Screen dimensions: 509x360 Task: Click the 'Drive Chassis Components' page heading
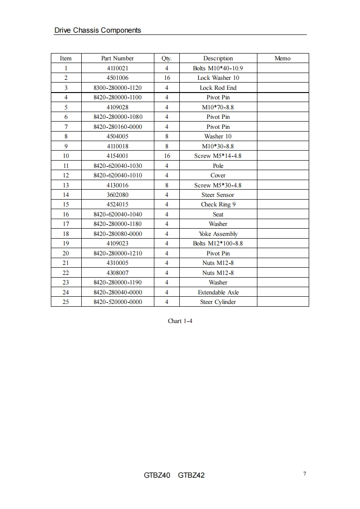pos(98,30)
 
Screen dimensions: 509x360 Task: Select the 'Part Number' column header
pos(118,59)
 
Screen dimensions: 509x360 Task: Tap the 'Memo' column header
pos(282,59)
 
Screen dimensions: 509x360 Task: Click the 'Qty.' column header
pos(167,59)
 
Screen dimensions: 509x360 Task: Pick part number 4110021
pos(118,68)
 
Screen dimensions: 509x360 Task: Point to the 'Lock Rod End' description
pos(218,88)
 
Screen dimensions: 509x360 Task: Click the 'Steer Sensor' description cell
pos(218,195)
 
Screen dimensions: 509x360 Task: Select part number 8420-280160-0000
pos(118,127)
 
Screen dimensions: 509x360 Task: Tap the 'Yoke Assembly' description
pos(218,234)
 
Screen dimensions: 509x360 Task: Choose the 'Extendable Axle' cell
pos(218,292)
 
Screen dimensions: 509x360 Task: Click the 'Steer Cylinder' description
pos(218,302)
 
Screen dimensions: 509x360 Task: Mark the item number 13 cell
pos(66,185)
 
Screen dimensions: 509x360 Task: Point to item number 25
pos(66,302)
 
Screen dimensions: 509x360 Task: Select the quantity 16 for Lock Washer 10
pos(167,78)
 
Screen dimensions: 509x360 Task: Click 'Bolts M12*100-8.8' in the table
pos(218,244)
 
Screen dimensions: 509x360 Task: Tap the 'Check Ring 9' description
pos(218,205)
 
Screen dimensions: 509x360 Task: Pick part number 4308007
pos(118,273)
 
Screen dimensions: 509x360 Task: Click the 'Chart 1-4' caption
pos(180,321)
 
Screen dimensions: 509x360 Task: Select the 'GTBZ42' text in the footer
pos(191,475)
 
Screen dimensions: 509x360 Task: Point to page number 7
pos(305,474)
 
